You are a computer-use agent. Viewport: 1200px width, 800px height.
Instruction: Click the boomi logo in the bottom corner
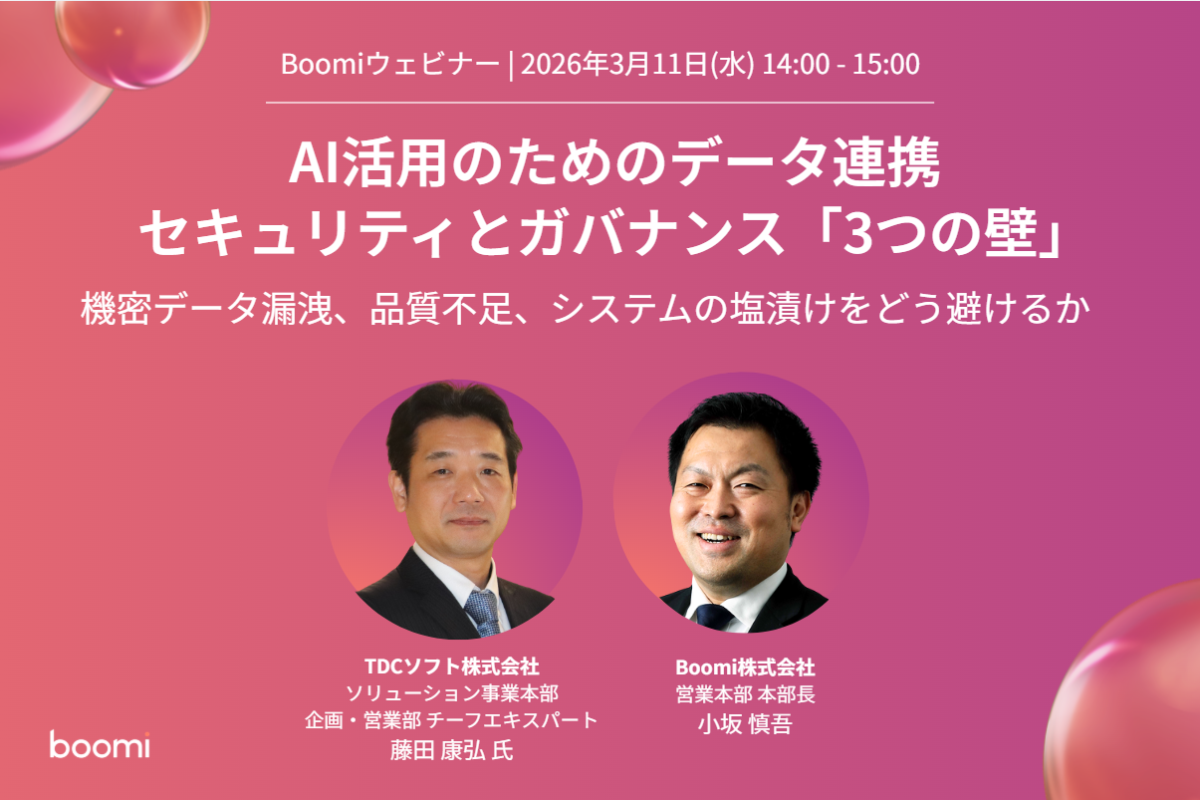pyautogui.click(x=100, y=744)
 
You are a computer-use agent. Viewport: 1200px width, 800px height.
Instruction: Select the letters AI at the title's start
pyautogui.click(x=310, y=165)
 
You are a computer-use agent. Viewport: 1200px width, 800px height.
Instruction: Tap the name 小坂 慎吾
pyautogui.click(x=745, y=724)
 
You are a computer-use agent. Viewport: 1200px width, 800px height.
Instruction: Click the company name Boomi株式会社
pyautogui.click(x=745, y=667)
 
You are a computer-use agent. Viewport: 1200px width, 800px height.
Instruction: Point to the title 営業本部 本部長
pyautogui.click(x=745, y=694)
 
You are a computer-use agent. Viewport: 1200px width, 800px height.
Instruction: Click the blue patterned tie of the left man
pyautogui.click(x=482, y=613)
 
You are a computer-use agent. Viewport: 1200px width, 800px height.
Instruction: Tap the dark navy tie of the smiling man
pyautogui.click(x=714, y=615)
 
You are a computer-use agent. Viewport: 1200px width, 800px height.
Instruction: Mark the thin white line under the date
pyautogui.click(x=600, y=103)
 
